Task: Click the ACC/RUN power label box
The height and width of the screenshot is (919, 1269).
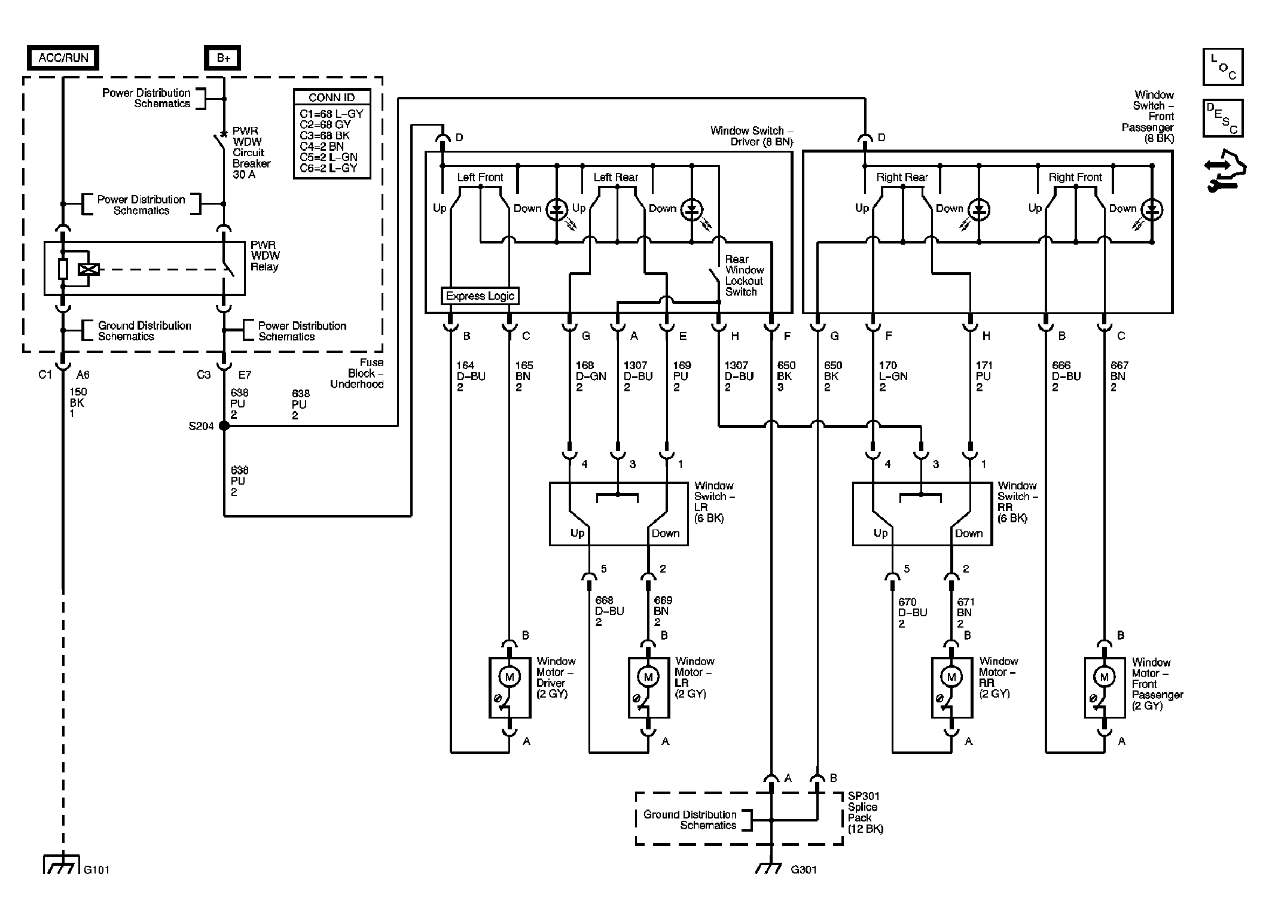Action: pyautogui.click(x=63, y=58)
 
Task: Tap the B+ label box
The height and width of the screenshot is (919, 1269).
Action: pyautogui.click(x=223, y=58)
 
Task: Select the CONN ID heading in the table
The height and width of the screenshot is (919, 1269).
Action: pyautogui.click(x=332, y=98)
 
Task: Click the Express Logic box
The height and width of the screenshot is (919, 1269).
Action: pyautogui.click(x=480, y=296)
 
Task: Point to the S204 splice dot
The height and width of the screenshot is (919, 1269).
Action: pyautogui.click(x=224, y=426)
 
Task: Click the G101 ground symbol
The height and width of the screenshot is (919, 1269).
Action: pyautogui.click(x=62, y=865)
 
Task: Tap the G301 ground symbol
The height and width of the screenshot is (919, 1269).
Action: pyautogui.click(x=771, y=868)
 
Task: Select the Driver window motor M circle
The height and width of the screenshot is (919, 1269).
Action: pyautogui.click(x=510, y=677)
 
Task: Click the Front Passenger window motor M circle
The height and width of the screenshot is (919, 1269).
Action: pyautogui.click(x=1105, y=677)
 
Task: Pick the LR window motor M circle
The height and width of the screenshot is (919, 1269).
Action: pyautogui.click(x=648, y=677)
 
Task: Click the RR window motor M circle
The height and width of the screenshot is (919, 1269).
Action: pyautogui.click(x=951, y=677)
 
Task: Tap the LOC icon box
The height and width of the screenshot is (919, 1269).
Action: pyautogui.click(x=1223, y=67)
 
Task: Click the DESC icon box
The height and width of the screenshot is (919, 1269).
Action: pyautogui.click(x=1223, y=118)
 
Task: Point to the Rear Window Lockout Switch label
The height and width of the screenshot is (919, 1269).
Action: pyautogui.click(x=744, y=275)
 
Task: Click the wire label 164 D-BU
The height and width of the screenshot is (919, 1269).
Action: pyautogui.click(x=471, y=376)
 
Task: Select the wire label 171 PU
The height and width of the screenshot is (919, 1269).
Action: pyautogui.click(x=983, y=376)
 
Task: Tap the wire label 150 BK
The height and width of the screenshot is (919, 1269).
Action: pyautogui.click(x=77, y=403)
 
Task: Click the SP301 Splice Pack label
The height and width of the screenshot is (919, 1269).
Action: pyautogui.click(x=865, y=813)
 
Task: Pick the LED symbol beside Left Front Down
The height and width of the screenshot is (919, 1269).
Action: pyautogui.click(x=557, y=210)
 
